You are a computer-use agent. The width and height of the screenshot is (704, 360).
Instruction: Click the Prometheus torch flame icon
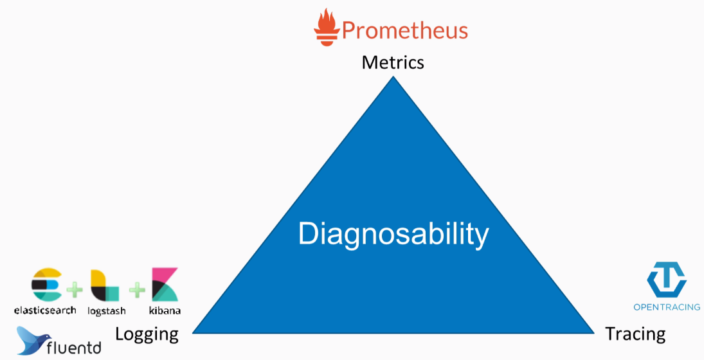click(x=327, y=27)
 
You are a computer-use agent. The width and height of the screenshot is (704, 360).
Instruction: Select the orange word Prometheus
click(x=405, y=30)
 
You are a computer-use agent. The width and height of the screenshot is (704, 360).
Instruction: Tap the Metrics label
click(x=393, y=62)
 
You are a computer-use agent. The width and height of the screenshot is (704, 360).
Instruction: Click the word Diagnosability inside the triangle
click(x=393, y=235)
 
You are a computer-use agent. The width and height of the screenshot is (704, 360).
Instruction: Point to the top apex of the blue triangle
click(x=393, y=76)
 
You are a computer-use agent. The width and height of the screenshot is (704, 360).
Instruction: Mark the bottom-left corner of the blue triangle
click(x=193, y=332)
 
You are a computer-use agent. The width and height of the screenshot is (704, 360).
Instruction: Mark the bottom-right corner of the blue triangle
click(x=593, y=333)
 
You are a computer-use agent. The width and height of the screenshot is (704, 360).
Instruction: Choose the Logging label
click(x=147, y=335)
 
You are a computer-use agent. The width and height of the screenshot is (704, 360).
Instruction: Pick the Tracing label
click(x=635, y=334)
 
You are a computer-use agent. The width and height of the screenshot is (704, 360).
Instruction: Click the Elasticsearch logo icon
click(x=47, y=284)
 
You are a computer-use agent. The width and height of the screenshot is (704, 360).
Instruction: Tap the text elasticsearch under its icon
click(x=45, y=310)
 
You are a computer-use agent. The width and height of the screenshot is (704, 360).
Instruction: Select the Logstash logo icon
click(x=105, y=285)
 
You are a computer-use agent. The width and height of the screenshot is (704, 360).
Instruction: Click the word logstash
click(x=107, y=311)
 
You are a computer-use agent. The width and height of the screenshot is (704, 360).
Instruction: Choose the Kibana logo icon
click(x=165, y=285)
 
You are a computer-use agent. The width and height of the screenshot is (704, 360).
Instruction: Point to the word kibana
click(x=165, y=310)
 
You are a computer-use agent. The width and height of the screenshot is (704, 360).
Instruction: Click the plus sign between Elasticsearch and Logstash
click(x=75, y=289)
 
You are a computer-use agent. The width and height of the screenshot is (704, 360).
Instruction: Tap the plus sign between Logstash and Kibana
click(x=137, y=289)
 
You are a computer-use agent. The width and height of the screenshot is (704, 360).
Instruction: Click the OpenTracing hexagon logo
click(x=666, y=280)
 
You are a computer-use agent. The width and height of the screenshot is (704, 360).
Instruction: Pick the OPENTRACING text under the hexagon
click(x=667, y=307)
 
